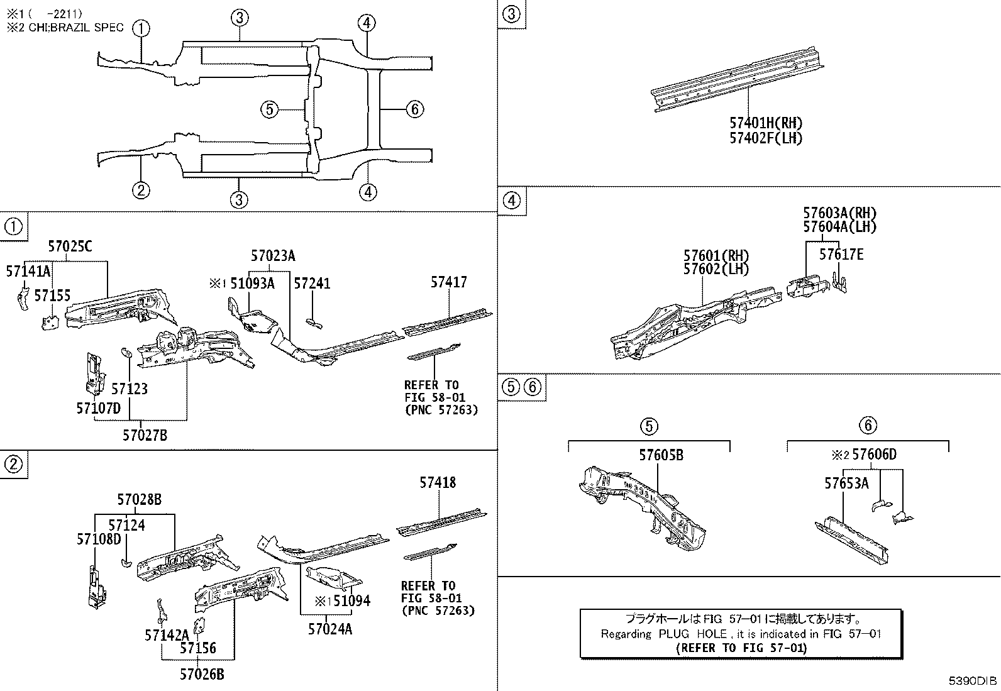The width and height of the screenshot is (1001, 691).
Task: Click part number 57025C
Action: pos(70,246)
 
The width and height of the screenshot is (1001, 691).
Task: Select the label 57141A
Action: pos(28,272)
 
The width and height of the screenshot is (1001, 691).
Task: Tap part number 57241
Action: pos(312,284)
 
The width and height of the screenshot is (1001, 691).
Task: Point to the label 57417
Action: pos(449,283)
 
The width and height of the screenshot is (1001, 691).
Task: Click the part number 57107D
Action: pos(98,408)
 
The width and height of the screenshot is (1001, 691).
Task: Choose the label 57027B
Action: pos(145,434)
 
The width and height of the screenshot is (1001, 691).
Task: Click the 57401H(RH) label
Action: pos(766,123)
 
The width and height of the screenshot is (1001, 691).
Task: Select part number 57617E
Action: pos(841,254)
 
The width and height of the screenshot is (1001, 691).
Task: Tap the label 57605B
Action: pos(661,455)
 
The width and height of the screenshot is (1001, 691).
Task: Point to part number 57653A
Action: pos(846,483)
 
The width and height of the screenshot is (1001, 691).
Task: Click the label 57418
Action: pos(438,483)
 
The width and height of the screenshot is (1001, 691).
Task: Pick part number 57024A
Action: pos(330,628)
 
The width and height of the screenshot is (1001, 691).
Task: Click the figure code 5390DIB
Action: pos(973,681)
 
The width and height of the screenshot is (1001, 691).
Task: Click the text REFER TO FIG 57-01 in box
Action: pos(740,648)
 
